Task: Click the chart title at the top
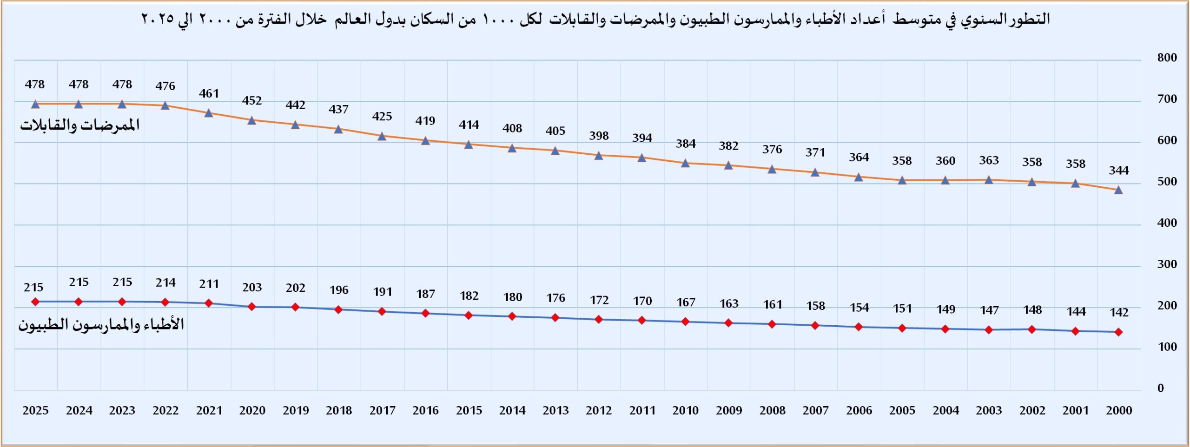[595, 20]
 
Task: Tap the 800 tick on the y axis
[1167, 58]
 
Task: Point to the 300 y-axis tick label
[1167, 264]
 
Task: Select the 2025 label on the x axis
[35, 411]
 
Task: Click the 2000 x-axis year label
[1119, 411]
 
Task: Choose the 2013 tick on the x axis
[555, 411]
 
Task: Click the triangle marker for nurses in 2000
[1118, 190]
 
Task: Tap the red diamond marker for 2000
[1118, 332]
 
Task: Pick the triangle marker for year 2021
[209, 113]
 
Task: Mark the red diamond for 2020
[252, 307]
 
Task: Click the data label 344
[1118, 171]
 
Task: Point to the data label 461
[209, 94]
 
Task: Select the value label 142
[1119, 313]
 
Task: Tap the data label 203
[252, 288]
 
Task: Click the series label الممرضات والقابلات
[79, 125]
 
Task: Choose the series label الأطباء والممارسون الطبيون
[101, 324]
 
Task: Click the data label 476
[165, 86]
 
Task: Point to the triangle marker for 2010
[685, 163]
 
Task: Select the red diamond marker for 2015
[469, 316]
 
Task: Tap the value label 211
[209, 284]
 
